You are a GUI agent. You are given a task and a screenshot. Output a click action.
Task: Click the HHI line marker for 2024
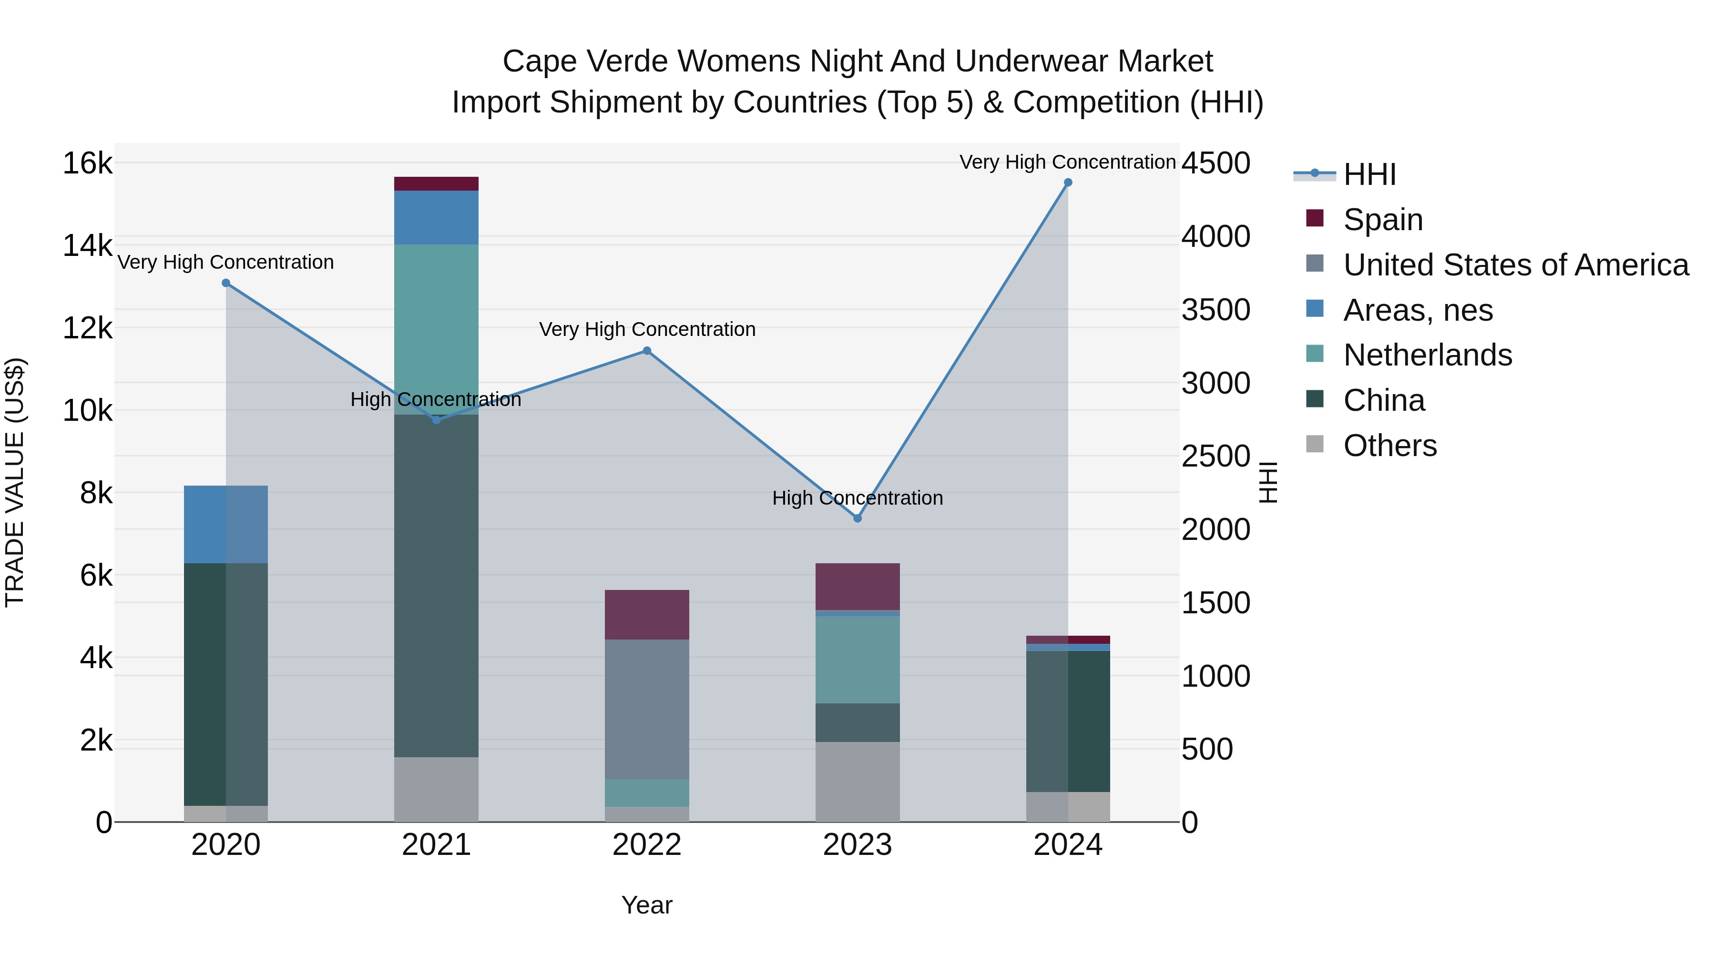click(1068, 183)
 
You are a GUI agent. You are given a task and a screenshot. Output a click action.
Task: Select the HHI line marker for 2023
click(858, 518)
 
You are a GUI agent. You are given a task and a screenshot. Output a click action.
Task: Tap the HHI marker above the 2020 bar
click(226, 283)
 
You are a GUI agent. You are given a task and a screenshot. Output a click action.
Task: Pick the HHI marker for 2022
click(647, 351)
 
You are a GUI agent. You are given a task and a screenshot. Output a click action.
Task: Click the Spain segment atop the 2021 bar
click(436, 184)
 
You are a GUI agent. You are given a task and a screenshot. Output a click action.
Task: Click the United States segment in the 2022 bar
click(647, 709)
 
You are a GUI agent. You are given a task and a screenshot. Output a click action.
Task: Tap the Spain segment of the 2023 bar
click(858, 586)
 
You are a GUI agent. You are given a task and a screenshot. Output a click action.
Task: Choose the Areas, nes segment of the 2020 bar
click(226, 524)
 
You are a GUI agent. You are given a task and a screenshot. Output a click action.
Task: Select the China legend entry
click(1384, 400)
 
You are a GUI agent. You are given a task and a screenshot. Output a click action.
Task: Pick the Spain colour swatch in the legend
click(1314, 218)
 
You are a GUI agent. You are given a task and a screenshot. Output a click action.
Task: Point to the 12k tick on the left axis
click(87, 328)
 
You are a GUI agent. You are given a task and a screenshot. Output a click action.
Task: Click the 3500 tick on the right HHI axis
click(1215, 310)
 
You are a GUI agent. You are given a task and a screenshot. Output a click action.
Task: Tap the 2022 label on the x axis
click(647, 845)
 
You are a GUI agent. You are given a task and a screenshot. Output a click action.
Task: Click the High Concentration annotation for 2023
click(858, 498)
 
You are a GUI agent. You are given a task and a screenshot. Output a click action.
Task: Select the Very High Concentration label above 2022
click(647, 330)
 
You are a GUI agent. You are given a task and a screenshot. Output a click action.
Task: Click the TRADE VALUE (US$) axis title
click(15, 482)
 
